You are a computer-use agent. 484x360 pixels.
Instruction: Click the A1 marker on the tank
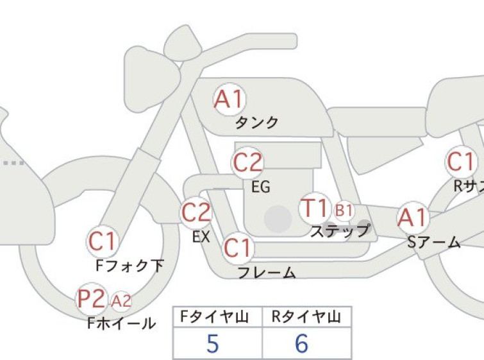point(229,99)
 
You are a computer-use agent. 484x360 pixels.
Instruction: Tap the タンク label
point(256,123)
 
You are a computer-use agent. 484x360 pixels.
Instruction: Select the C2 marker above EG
point(247,162)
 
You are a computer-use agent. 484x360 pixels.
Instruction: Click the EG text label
point(261,187)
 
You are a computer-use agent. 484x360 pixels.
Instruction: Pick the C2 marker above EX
point(196,212)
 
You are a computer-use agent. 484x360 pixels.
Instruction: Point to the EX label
point(201,237)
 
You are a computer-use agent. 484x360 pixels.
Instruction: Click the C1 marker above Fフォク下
point(102,241)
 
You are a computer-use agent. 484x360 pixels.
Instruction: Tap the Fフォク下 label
point(129,266)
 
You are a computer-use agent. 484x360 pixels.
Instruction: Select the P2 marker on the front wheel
point(92,299)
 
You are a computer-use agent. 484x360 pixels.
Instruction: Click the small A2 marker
point(121,301)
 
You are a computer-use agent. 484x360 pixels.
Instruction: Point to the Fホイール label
point(122,323)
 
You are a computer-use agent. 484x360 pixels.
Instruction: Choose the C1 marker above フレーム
point(238,248)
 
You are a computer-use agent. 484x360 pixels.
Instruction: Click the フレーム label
point(267,273)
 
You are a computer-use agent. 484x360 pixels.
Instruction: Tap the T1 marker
point(315,208)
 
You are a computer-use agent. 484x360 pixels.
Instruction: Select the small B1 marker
point(344,210)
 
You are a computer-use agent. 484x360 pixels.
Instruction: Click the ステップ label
point(340,230)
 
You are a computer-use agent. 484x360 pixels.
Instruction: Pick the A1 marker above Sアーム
point(413,218)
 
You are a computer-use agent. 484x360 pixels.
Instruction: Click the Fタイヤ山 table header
point(214,317)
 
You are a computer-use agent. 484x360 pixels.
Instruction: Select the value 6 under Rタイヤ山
point(301,343)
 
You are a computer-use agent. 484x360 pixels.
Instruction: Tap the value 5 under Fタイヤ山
point(213,343)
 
